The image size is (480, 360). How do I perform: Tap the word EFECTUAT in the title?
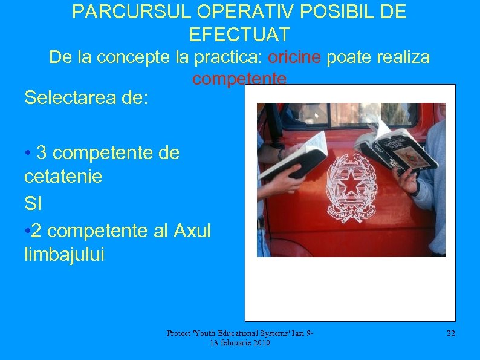(x=239, y=34)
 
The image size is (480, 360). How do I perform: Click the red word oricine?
(x=294, y=57)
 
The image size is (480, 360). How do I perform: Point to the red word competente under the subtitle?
(x=239, y=79)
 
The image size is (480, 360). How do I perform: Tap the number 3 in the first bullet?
(x=42, y=153)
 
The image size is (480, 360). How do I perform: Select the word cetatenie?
(x=63, y=177)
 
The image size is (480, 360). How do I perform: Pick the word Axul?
(x=192, y=231)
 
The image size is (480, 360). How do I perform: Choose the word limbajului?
(x=64, y=255)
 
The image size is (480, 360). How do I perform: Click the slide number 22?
(x=450, y=333)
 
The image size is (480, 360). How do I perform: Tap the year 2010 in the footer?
(x=261, y=343)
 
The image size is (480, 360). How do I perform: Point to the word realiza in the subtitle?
(x=402, y=57)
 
